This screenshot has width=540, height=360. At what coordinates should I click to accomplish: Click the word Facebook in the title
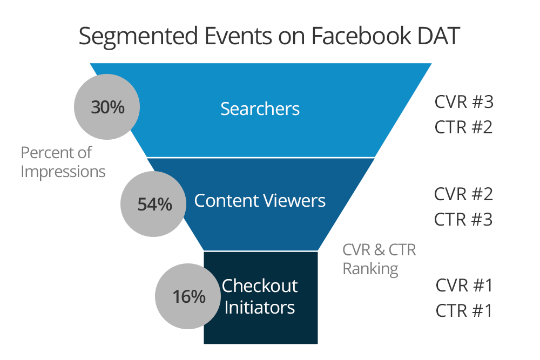coord(361,36)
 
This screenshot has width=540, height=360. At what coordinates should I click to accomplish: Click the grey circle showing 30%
coord(107,107)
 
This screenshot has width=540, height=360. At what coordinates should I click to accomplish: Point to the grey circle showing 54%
coord(153,203)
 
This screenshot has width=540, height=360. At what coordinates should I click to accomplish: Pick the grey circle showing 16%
coord(188,296)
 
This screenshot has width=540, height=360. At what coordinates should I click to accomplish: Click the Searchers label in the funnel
coord(260,109)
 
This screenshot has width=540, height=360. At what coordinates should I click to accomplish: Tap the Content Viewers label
coord(260,201)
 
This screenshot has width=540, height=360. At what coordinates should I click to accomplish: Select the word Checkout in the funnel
coord(260,286)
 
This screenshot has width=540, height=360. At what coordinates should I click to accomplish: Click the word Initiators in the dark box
coord(260,307)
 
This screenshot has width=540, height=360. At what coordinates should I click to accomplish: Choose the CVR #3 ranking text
coord(464,102)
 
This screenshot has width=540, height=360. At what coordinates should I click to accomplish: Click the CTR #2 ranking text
coord(463,127)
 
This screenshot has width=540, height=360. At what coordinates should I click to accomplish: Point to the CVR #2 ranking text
coord(463,194)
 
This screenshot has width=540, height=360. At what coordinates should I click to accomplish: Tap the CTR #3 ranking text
coord(463,220)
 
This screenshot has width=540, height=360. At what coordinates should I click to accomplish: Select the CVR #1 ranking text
coord(464,286)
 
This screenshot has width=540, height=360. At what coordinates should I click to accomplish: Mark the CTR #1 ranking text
coord(463,311)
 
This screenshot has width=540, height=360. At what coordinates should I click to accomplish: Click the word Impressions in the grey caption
coord(63,172)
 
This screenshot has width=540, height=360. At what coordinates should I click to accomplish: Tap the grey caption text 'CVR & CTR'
coord(379,250)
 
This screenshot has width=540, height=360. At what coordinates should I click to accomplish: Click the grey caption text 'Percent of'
coord(56,153)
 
